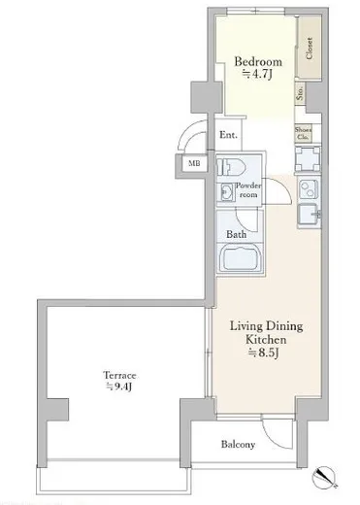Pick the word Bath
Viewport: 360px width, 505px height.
[236, 235]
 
